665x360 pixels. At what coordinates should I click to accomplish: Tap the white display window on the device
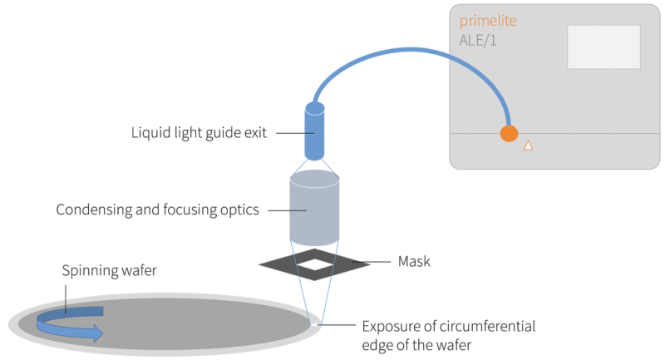(x=603, y=47)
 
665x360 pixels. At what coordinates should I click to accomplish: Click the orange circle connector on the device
(x=509, y=134)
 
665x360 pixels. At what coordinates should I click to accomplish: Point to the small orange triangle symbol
(x=527, y=145)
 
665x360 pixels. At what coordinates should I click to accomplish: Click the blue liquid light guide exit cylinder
(x=315, y=132)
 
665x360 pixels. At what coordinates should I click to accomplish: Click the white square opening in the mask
(x=315, y=264)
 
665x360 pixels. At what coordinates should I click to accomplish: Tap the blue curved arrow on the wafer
(x=75, y=323)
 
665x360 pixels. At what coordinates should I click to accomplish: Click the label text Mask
(x=414, y=262)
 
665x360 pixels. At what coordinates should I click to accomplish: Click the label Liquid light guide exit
(x=199, y=133)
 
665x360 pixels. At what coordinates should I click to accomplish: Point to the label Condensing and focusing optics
(x=157, y=210)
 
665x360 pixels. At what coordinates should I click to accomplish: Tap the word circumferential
(x=491, y=325)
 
